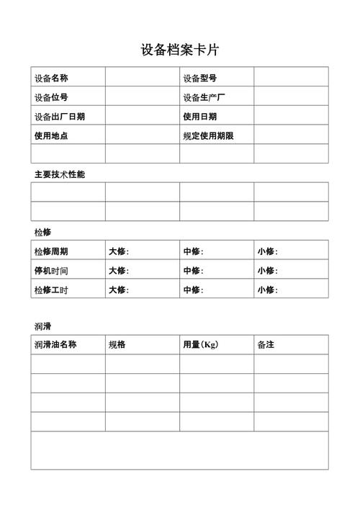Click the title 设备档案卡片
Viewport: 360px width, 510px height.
180,50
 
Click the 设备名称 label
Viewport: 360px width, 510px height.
51,78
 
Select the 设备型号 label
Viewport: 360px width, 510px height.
200,78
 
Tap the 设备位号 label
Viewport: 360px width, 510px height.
51,97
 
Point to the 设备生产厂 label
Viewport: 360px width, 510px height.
204,97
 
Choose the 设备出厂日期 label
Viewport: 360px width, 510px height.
60,117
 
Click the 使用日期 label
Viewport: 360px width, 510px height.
200,117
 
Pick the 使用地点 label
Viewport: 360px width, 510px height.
51,135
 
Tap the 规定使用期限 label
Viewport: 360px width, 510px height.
209,135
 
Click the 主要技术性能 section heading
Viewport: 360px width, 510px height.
60,174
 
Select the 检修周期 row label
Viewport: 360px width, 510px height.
51,251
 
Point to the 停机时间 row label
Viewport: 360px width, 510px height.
51,271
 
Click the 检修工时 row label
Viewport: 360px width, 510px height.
51,290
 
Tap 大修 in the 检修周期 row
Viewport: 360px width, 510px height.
118,251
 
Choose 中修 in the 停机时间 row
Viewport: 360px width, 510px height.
193,271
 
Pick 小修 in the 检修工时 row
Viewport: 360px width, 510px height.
267,290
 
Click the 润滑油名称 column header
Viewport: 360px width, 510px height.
55,345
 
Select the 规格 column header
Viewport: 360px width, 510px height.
117,345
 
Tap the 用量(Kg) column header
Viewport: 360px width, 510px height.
201,345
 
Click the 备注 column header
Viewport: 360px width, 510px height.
266,345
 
